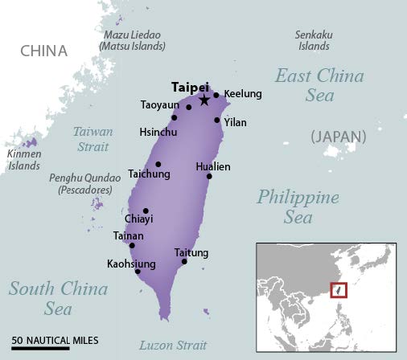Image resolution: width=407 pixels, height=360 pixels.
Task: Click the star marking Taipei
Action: click(204, 100)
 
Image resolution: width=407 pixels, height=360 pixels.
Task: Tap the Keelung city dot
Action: click(216, 95)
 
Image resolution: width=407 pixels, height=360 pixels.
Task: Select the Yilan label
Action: click(236, 122)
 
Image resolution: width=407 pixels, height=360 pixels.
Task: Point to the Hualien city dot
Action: click(209, 176)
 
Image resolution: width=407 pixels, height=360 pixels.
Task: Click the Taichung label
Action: click(149, 173)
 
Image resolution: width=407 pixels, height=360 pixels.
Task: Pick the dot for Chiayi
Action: click(146, 211)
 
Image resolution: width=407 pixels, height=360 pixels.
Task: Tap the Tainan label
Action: click(129, 235)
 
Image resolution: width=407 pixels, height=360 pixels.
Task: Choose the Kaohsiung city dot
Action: click(138, 271)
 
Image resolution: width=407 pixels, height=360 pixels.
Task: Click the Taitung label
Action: click(191, 253)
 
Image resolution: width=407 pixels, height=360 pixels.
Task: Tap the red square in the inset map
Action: click(338, 289)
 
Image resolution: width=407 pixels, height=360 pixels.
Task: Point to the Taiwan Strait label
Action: click(92, 138)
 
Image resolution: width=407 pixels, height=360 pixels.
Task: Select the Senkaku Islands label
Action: click(314, 39)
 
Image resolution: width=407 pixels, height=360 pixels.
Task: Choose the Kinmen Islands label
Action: click(24, 159)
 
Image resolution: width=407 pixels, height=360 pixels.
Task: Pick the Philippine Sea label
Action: click(298, 207)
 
